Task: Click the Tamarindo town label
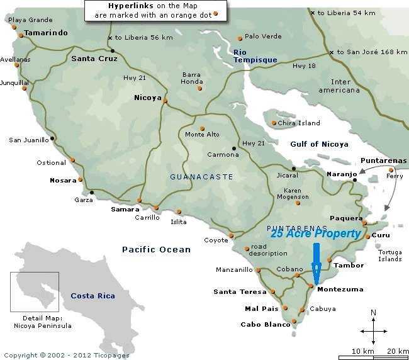(45, 33)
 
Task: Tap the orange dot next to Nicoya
(165, 100)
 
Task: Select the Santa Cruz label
(95, 59)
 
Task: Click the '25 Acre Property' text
(316, 233)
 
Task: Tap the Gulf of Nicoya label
(319, 144)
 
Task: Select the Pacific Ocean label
(156, 250)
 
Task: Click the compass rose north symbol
(373, 313)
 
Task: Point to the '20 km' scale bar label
(398, 351)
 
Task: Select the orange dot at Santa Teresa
(272, 292)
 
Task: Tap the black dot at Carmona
(234, 149)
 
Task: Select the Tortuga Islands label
(389, 256)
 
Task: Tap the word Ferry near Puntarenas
(395, 177)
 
